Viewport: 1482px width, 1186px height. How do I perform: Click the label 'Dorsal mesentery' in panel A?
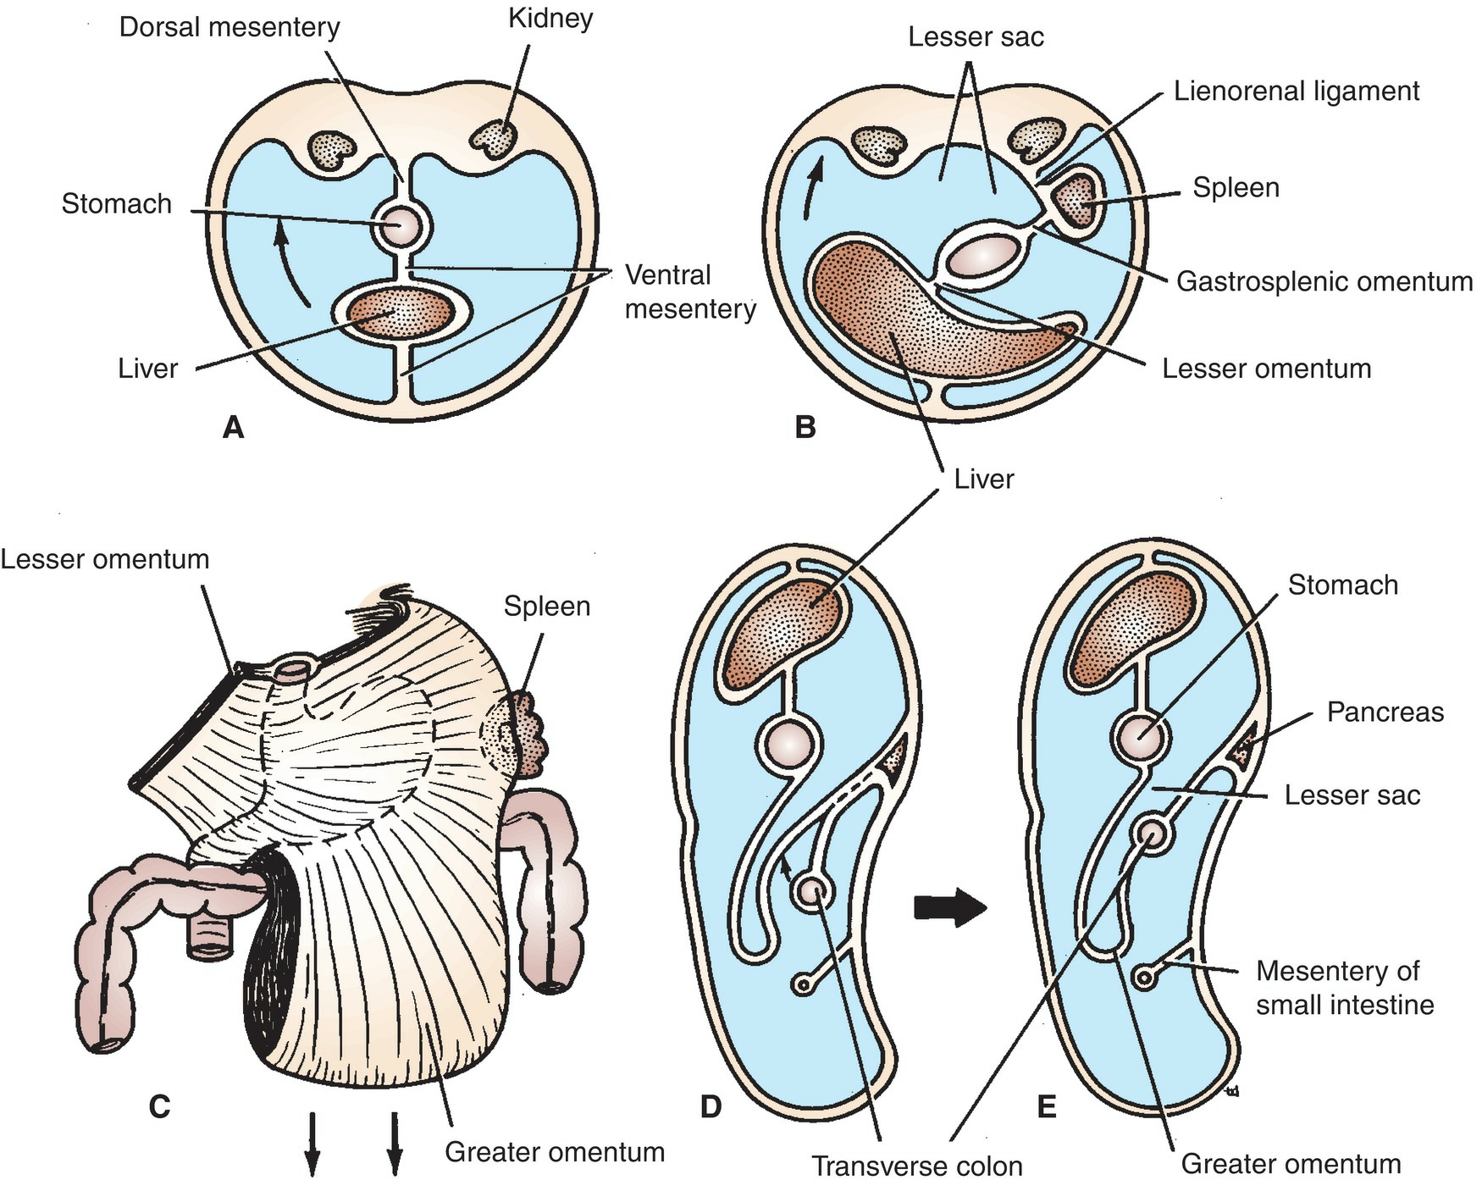(229, 27)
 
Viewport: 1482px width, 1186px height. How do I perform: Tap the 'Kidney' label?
(550, 19)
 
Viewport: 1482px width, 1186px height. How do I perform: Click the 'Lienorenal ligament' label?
(1296, 91)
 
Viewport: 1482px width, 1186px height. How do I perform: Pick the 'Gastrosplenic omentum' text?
(1324, 281)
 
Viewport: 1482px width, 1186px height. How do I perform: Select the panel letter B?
(805, 427)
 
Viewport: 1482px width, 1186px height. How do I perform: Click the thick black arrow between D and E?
(950, 908)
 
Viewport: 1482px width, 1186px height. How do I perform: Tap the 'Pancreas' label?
(1385, 712)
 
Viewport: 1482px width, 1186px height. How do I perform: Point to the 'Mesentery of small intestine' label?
(1344, 988)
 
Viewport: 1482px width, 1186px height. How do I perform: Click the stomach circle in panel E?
(1142, 734)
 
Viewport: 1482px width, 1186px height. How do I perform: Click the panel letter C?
(159, 1106)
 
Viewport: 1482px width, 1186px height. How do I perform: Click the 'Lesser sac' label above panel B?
(976, 37)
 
